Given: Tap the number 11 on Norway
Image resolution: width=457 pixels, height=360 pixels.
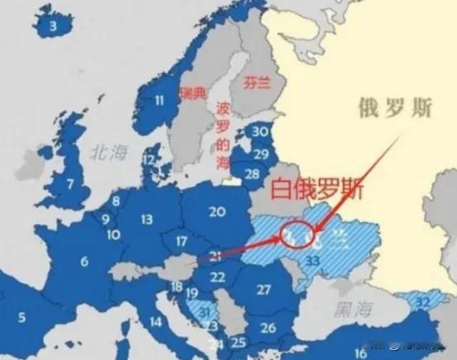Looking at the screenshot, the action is tap(159, 101).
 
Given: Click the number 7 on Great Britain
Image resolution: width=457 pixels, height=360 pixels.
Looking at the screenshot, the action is tap(70, 182).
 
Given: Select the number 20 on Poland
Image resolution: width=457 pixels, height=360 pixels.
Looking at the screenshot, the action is tap(217, 211).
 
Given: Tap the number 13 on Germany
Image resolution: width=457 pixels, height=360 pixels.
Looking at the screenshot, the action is tap(147, 219).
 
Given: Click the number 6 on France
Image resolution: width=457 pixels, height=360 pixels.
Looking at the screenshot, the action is tap(83, 262).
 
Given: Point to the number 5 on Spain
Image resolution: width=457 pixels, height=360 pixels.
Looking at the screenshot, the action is tap(22, 316).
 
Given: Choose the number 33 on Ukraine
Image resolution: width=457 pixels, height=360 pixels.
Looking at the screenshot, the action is tap(312, 260).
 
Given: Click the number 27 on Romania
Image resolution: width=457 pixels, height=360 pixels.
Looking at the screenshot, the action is tap(264, 289).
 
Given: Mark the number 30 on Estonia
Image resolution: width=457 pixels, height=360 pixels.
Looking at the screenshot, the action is tap(261, 131).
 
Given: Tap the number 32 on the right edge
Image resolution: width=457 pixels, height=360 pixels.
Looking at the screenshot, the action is tap(423, 302).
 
